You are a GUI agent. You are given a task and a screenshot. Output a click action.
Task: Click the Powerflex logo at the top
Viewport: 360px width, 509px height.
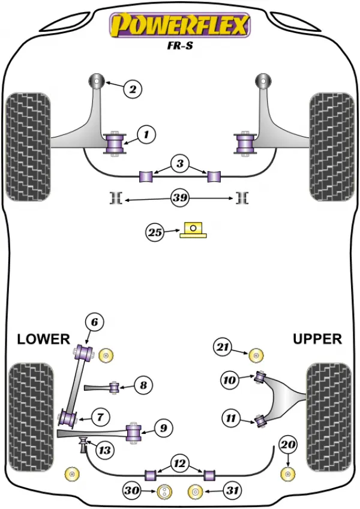point(180,25)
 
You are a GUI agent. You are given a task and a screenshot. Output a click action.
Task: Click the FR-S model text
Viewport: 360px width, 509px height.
point(180,46)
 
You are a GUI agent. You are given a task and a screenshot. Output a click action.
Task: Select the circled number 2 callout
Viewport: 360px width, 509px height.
point(133,89)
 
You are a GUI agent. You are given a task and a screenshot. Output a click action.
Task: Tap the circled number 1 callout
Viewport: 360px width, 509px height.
point(146,134)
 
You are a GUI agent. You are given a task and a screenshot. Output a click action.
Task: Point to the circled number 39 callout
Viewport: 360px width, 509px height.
point(180,197)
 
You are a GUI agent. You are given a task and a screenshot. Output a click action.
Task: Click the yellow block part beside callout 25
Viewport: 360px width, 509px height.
point(193,230)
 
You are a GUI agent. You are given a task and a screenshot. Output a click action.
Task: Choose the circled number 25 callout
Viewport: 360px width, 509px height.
point(155,232)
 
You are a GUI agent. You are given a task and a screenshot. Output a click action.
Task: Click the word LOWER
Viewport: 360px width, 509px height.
point(43,339)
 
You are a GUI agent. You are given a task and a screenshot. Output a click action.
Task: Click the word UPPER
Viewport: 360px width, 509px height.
point(317,339)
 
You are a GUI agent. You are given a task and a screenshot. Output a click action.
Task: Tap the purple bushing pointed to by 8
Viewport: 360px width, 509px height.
point(114,387)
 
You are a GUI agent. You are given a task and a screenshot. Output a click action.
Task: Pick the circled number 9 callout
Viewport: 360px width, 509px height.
point(163,428)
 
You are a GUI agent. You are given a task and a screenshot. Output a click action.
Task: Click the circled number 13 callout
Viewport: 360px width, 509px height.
point(104,450)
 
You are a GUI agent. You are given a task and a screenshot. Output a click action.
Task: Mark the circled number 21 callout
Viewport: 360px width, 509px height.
point(223,347)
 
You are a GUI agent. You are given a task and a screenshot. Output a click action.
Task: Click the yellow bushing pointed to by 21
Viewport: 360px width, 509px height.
point(256,355)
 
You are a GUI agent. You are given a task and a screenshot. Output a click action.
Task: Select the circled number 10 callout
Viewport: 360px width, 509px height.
point(230,379)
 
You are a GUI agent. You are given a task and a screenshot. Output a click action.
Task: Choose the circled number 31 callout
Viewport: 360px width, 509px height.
point(232,490)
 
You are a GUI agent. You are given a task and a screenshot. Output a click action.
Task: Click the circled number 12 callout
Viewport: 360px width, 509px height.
point(179,463)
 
